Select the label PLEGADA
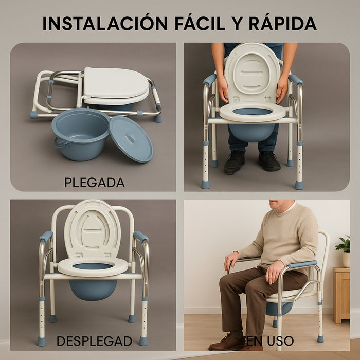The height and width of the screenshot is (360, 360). (95, 182)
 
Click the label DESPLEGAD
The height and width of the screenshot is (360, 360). (94, 340)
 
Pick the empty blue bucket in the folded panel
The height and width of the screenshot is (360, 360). (80, 133)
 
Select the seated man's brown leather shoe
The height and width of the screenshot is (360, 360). (227, 341)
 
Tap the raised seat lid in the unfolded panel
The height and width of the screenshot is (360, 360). (93, 229)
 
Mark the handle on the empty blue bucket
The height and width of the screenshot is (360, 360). (61, 143)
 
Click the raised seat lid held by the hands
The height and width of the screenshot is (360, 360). (253, 72)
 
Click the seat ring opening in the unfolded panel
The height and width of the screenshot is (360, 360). (93, 266)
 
